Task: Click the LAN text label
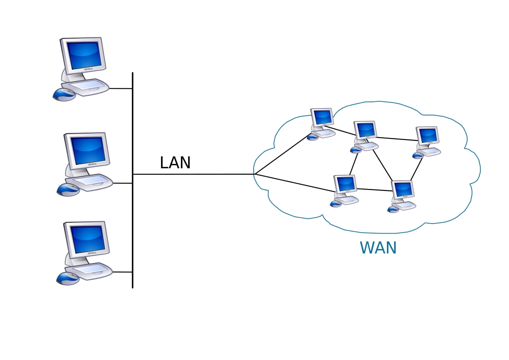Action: (175, 163)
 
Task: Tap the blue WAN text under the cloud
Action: (378, 248)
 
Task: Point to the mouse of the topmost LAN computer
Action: (64, 94)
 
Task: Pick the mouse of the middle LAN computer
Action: (68, 190)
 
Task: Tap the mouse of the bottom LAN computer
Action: (68, 278)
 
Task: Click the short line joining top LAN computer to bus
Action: (120, 88)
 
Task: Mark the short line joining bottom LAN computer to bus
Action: (122, 272)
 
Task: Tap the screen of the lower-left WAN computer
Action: (345, 183)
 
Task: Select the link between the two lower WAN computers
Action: (374, 189)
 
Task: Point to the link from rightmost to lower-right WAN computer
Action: (416, 169)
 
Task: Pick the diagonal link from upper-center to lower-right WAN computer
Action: (382, 165)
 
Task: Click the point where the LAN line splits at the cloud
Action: (255, 174)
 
